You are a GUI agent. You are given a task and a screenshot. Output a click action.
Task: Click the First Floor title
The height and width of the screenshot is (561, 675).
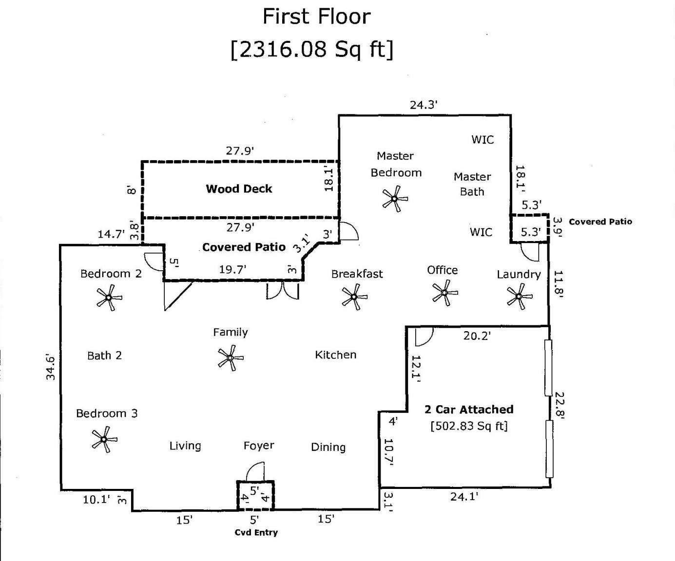tap(317, 17)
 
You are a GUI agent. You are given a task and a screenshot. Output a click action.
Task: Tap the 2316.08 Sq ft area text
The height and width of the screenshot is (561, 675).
tap(312, 49)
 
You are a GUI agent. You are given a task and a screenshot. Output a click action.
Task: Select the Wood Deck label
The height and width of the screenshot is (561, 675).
tap(239, 189)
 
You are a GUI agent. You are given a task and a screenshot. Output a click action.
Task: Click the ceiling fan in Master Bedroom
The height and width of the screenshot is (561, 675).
tap(394, 199)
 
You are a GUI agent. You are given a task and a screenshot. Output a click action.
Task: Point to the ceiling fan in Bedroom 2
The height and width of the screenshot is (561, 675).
tap(109, 298)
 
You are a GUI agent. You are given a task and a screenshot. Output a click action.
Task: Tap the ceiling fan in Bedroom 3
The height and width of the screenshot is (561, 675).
tap(104, 439)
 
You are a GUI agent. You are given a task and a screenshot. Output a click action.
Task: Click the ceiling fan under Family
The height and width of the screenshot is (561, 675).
tap(231, 358)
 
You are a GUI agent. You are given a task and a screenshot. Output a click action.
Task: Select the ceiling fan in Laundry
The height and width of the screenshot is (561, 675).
tap(519, 296)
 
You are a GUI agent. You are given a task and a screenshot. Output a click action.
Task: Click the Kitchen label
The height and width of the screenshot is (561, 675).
tap(335, 355)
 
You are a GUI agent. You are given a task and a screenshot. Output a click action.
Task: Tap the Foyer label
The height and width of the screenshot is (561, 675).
tap(259, 446)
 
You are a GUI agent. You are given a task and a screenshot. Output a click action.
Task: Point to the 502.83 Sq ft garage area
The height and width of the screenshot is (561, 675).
tap(469, 426)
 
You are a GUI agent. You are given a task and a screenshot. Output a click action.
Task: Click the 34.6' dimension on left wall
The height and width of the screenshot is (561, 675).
tap(51, 367)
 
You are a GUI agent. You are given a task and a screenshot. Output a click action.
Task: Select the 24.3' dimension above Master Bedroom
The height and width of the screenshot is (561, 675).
tap(424, 105)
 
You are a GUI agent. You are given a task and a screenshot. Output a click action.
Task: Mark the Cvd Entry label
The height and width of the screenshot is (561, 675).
tap(256, 532)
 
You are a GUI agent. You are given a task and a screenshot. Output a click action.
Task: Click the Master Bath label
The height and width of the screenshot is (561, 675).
tap(472, 184)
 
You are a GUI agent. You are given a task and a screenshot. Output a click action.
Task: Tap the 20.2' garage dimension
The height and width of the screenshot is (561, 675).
tap(477, 336)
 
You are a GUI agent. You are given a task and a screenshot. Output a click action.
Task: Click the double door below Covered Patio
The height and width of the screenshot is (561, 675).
tap(282, 291)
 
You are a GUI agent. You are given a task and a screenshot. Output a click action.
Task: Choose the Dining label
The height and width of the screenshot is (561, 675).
tap(328, 447)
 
